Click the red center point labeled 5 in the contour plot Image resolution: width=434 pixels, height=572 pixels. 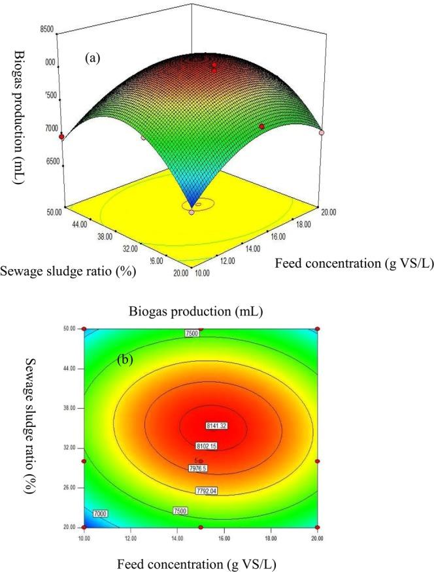click(201, 461)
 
